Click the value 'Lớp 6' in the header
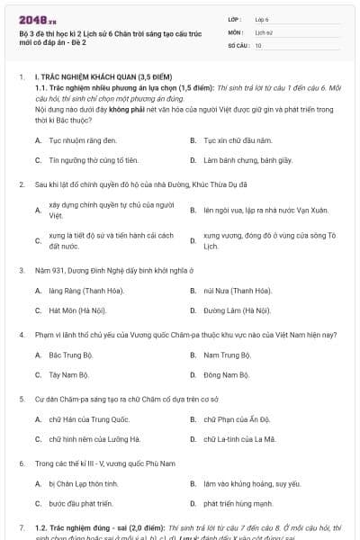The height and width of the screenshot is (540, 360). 263,18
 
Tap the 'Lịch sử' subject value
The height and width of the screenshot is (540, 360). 264,31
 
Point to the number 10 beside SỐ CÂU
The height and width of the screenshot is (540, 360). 259,45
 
